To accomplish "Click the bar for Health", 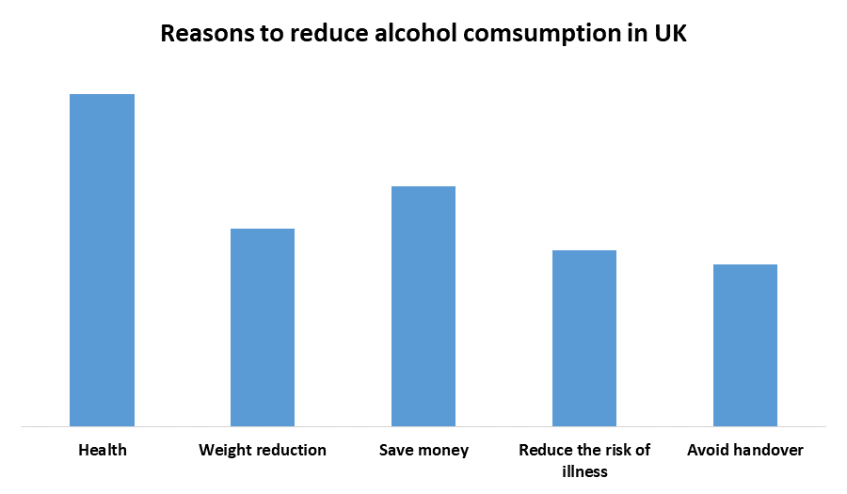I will click(103, 261).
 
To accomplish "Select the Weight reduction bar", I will click(263, 327).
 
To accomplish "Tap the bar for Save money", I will click(423, 307).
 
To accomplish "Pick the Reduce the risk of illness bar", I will click(584, 339).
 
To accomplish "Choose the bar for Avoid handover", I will click(745, 345).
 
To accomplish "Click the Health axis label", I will click(103, 450).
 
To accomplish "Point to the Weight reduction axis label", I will click(263, 450).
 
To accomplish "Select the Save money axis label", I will click(423, 450).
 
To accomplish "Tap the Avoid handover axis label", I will click(745, 450).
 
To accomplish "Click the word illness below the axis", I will click(584, 470).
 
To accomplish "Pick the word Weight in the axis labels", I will click(223, 450).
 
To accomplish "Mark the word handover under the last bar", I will click(766, 450).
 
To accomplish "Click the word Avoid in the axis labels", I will click(706, 450).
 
